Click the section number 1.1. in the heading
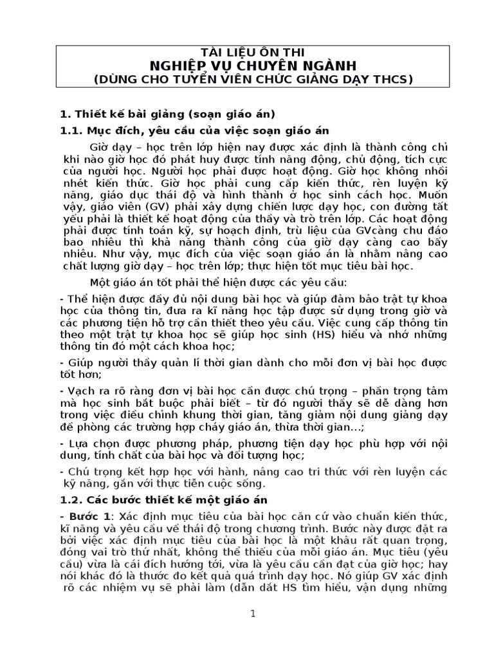(71, 131)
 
